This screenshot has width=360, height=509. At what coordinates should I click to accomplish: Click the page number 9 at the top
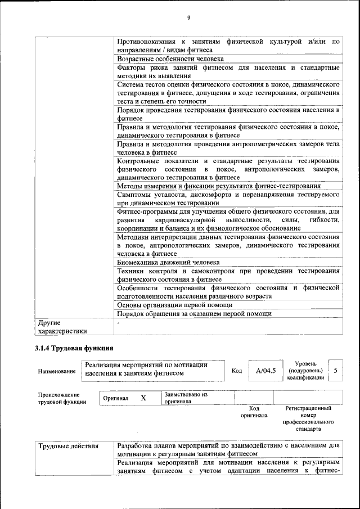(189, 18)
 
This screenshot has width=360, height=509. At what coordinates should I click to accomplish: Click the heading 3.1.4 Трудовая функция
(74, 348)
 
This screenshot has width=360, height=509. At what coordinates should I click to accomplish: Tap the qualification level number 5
(336, 371)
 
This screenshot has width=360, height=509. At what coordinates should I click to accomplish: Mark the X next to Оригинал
(143, 398)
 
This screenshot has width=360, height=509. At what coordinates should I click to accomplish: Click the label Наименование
(57, 371)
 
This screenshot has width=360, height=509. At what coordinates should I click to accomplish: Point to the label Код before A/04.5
(237, 371)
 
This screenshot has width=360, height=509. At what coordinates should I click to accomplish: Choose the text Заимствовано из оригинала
(186, 398)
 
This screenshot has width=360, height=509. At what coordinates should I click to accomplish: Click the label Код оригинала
(254, 412)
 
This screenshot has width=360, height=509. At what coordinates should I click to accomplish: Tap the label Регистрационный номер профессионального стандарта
(308, 418)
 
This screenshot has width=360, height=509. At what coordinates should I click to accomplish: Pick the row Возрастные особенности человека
(171, 58)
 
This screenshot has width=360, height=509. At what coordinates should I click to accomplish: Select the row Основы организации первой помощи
(174, 304)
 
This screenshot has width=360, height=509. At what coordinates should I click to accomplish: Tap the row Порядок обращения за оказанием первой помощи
(194, 313)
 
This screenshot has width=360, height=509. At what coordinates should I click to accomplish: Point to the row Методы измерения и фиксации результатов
(219, 186)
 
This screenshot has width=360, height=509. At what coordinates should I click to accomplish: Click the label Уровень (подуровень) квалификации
(305, 371)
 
